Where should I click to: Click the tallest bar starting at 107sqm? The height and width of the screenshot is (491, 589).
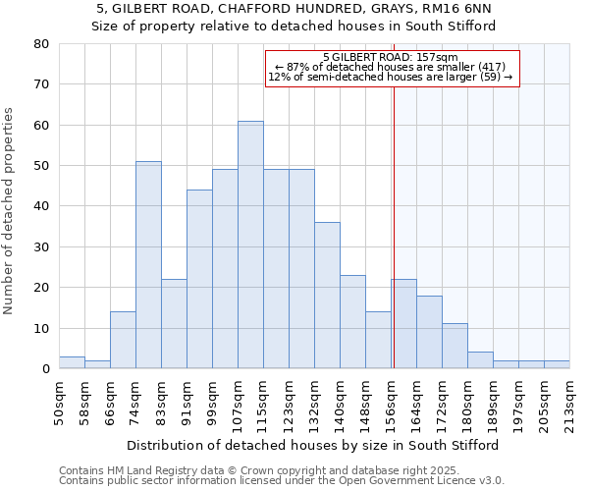pos(250,245)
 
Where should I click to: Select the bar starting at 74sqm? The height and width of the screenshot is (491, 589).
pos(148,265)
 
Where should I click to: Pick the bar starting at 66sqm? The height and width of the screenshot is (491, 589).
pos(123,340)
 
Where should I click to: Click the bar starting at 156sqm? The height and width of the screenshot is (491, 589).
pos(403,324)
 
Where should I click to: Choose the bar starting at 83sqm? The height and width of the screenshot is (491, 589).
pos(174,324)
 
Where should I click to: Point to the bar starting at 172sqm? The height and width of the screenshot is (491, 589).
pos(455,346)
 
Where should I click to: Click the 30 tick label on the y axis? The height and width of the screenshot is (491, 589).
pos(41,247)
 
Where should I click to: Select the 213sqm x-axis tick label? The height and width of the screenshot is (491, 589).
pos(569,403)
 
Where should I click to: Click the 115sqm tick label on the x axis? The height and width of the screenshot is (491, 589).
pos(263,403)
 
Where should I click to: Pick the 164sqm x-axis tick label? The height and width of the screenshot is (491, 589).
pos(416,403)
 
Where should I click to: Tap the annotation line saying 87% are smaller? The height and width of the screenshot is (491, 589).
pos(392,67)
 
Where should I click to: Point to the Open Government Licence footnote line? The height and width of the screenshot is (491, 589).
pos(282,481)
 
